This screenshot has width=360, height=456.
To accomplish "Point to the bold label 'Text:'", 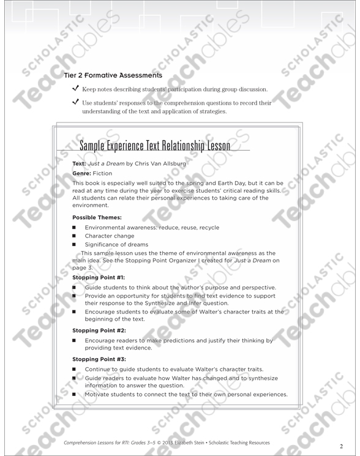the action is [79, 164].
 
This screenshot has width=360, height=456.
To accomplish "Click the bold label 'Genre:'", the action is [81, 174].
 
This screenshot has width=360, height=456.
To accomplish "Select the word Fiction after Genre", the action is [103, 174].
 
